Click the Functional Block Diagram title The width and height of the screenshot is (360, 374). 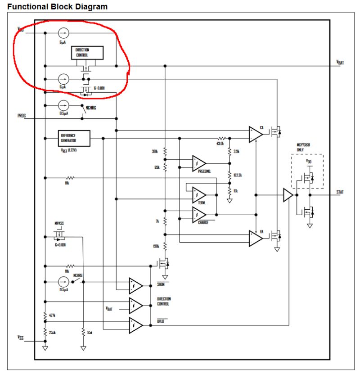coord(58,7)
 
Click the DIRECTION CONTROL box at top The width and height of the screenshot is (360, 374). coord(87,53)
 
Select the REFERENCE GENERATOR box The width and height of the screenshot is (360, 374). coord(74,138)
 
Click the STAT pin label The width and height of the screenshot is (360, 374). coord(340,192)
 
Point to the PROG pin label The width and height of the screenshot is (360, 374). coord(22,116)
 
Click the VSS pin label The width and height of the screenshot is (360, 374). coord(20,337)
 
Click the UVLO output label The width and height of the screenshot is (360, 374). coord(161,321)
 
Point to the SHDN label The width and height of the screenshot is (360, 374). coord(161,284)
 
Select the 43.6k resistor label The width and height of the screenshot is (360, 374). coord(220,144)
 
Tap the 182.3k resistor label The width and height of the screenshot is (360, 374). coord(238,175)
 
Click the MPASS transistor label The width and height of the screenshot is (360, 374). coord(59,223)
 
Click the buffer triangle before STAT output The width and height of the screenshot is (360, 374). coord(288,195)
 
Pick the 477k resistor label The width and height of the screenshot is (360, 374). coord(52,316)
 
